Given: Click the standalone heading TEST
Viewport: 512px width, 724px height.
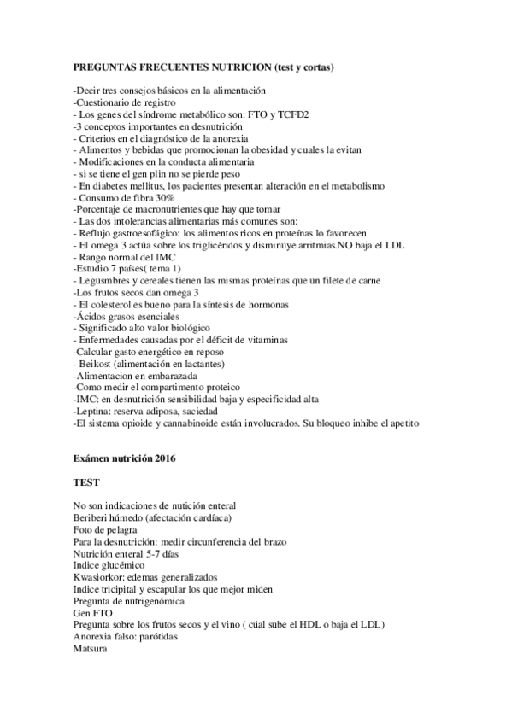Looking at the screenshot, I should [x=87, y=482].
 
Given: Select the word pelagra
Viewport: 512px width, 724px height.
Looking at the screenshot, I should [x=122, y=530].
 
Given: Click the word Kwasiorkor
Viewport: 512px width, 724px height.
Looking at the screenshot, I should [x=98, y=578].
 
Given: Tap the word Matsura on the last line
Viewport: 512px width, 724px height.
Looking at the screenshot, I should [x=91, y=650].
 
